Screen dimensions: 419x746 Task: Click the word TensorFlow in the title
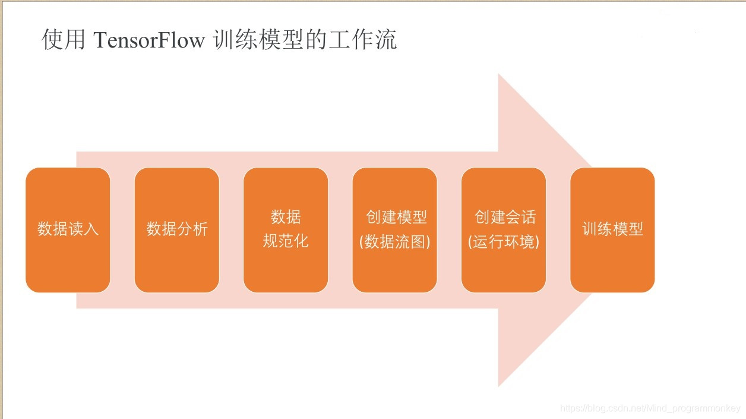click(x=149, y=40)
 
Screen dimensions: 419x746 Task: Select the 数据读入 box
click(x=68, y=230)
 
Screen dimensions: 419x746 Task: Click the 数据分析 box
click(x=177, y=230)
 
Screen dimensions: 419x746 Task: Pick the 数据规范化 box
click(x=286, y=230)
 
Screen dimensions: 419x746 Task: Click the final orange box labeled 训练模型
click(x=612, y=230)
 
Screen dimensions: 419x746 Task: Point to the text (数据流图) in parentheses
click(x=394, y=242)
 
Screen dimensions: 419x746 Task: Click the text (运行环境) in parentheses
click(x=504, y=242)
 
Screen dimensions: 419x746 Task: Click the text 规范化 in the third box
click(x=286, y=241)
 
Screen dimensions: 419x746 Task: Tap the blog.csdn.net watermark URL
click(x=650, y=408)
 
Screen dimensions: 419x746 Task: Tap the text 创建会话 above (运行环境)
click(x=505, y=217)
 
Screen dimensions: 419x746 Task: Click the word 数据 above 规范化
click(x=286, y=217)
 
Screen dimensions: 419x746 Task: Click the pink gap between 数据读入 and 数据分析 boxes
click(x=122, y=230)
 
